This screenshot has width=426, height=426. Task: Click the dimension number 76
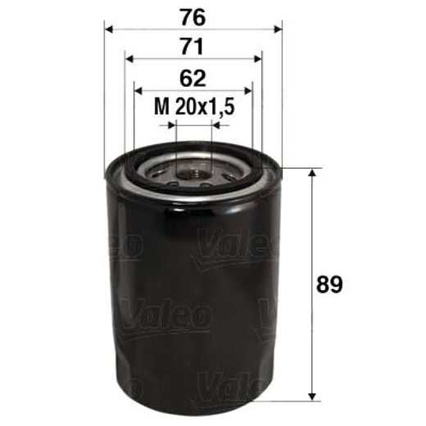[193, 16]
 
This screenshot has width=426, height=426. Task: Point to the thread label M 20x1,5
[194, 107]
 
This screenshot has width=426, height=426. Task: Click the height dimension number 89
[330, 285]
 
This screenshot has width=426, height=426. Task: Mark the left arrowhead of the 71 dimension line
[130, 59]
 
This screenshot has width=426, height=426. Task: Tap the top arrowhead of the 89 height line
[311, 175]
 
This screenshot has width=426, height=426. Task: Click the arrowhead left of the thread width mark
[171, 125]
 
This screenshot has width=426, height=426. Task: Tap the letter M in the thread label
[162, 107]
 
